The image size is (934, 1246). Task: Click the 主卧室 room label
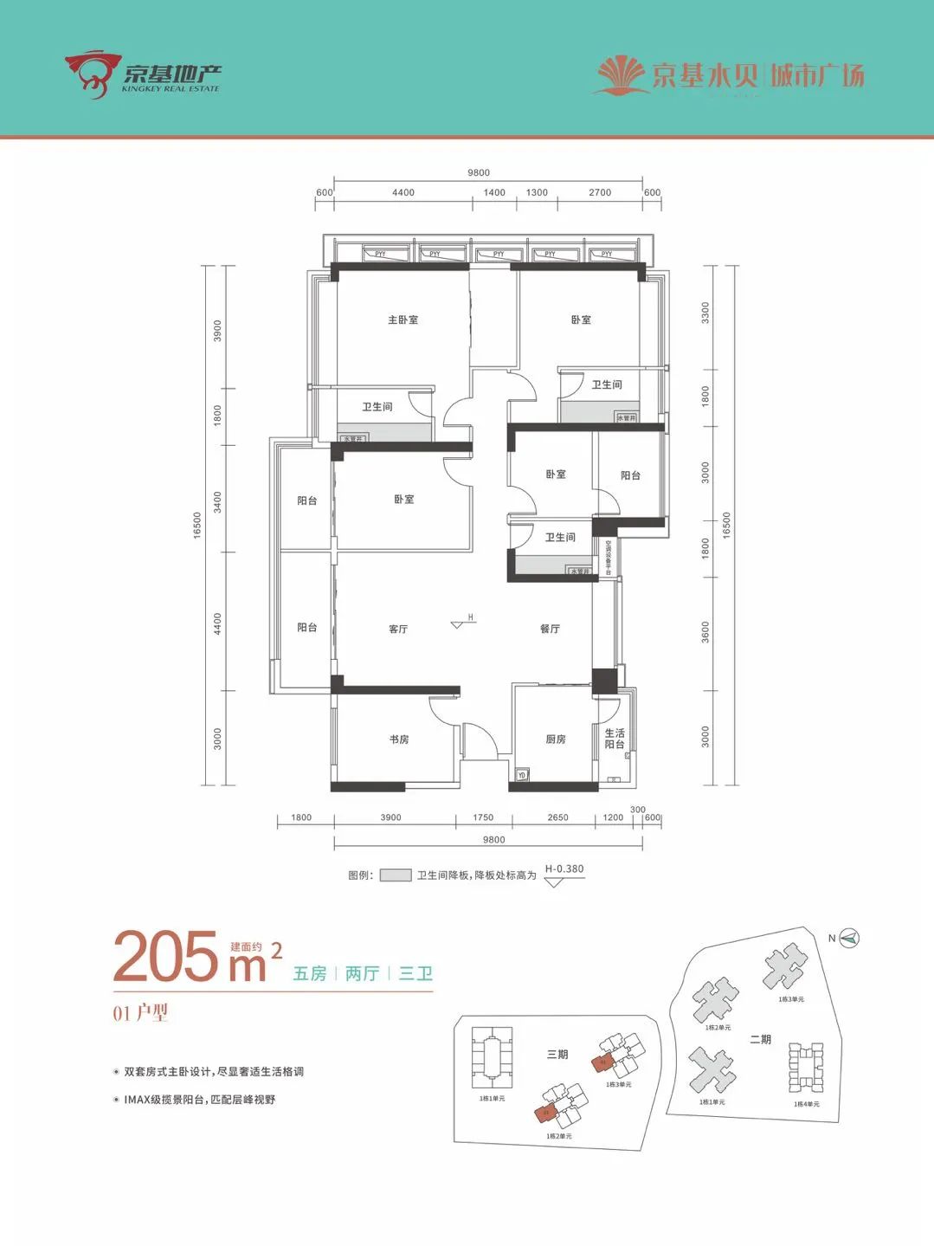click(x=403, y=320)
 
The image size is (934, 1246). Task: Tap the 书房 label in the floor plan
click(x=398, y=739)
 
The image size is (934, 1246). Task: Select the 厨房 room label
click(x=555, y=739)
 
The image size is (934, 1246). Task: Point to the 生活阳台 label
click(x=615, y=739)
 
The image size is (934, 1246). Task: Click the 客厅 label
click(x=398, y=629)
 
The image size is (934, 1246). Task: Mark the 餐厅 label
click(x=550, y=629)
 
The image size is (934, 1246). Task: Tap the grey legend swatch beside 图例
click(x=396, y=875)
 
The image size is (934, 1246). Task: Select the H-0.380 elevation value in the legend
click(x=564, y=868)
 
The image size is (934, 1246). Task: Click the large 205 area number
click(x=166, y=958)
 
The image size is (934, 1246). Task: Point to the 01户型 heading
click(x=140, y=1012)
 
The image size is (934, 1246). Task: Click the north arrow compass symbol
click(x=849, y=938)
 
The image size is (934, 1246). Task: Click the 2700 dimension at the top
click(x=600, y=193)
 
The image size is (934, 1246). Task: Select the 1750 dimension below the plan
click(x=483, y=817)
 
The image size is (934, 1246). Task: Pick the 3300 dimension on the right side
click(x=705, y=313)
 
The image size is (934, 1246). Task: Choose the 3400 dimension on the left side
click(x=218, y=501)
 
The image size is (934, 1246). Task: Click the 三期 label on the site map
click(x=557, y=1054)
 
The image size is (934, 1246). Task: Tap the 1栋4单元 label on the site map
click(x=806, y=1104)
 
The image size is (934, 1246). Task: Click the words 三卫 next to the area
click(x=415, y=974)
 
